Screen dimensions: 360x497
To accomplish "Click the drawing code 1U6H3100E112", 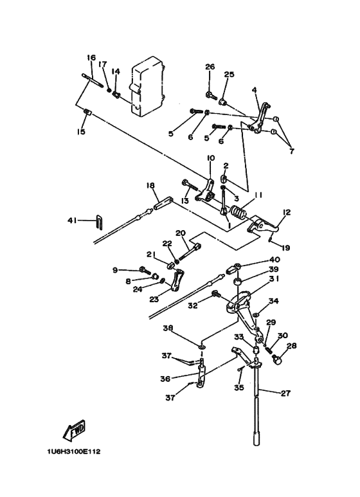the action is click(74, 451).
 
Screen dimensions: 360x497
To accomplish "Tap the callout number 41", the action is click(72, 220).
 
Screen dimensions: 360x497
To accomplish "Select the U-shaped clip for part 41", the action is click(100, 221).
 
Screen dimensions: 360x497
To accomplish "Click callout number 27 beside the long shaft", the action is click(285, 393).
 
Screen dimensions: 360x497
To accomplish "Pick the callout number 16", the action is click(91, 58).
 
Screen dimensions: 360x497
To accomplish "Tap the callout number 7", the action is click(292, 151).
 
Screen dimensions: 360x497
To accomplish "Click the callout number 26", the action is click(210, 67).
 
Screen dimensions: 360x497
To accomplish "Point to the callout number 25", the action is click(229, 75).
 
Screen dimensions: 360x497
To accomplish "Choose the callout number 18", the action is click(150, 185).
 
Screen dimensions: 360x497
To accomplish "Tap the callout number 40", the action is click(274, 260).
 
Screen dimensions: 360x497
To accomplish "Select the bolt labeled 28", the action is click(277, 360).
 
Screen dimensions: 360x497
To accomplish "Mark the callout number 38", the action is click(168, 329).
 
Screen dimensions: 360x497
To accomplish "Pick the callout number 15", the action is click(81, 132).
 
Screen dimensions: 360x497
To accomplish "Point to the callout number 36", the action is click(165, 379).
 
